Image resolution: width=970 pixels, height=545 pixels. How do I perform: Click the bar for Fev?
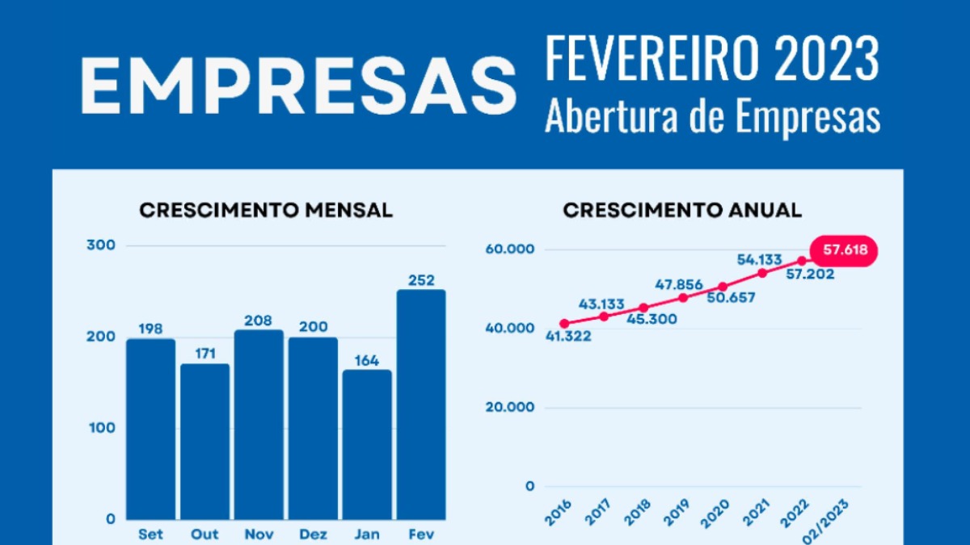420,404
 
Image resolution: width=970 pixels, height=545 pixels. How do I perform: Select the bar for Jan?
366,444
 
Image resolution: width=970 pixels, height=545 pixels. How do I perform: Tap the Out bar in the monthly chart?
205,441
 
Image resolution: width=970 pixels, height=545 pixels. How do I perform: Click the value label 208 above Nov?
259,321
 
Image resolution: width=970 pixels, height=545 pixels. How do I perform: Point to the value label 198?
150,329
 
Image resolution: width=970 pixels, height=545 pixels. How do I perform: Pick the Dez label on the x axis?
313,534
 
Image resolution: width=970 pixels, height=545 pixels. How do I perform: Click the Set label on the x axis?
150,534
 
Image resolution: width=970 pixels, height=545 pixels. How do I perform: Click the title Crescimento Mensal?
266,211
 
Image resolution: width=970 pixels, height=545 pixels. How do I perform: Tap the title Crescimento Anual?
682,211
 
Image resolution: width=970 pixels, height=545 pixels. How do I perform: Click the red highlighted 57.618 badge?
845,250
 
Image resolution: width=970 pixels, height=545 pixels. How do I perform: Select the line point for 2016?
563,324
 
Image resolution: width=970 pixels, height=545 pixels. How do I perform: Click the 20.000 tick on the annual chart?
509,407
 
